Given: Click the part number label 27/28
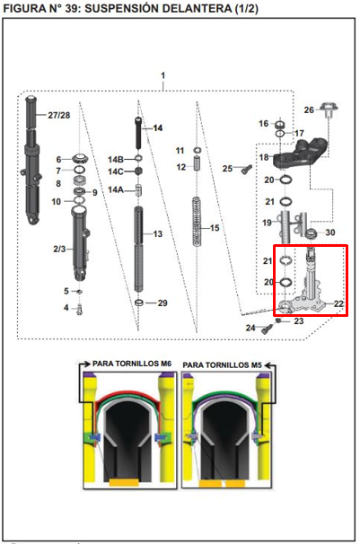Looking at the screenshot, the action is coord(58,115).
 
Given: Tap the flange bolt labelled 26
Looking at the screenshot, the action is coord(329,110).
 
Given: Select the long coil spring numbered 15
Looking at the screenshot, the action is coord(197,222).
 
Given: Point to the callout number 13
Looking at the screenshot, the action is coord(158,234).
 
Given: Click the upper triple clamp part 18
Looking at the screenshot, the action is coord(301,153).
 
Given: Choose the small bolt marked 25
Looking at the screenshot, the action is coord(247,170).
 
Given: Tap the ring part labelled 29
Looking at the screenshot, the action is coord(139,303).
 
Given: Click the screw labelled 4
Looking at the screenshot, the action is coord(80,309).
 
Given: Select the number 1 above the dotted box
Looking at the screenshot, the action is coord(163,75).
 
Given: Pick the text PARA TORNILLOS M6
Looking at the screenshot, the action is coord(132,364).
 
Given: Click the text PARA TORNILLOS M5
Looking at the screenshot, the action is coord(222,365).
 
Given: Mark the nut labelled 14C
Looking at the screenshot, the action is coord(139,171).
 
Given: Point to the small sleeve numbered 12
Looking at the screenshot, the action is coord(197,163).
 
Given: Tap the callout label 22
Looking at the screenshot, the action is coord(338,303).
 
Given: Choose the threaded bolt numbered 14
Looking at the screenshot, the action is coord(138,133).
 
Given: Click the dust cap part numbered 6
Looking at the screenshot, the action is coord(80,159).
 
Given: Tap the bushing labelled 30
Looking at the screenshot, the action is coord(312,234).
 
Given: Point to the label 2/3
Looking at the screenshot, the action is coord(59,249).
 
